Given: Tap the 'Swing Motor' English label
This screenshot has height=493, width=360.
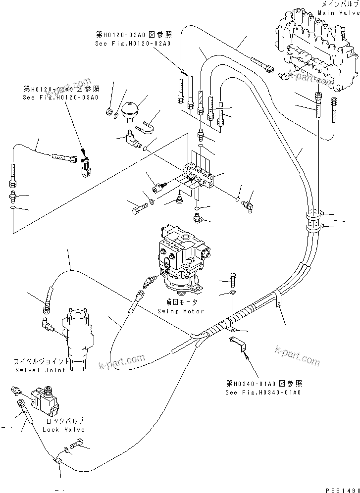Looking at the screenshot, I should click(x=181, y=311).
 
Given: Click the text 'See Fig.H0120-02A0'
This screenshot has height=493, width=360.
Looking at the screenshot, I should click(x=133, y=44).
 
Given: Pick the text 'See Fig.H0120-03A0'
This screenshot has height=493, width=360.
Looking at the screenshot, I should click(x=60, y=98).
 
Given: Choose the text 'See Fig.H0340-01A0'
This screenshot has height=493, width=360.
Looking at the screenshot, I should click(x=263, y=392).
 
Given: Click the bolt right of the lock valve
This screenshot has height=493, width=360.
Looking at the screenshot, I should click(x=79, y=444).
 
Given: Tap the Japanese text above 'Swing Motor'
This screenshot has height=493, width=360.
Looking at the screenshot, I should click(x=181, y=302).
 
